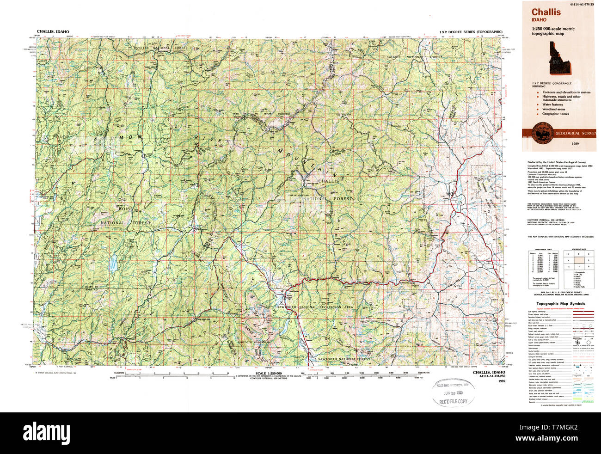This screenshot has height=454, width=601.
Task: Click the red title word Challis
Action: (x=546, y=12)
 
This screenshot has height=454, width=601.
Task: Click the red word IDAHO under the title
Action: (x=539, y=20)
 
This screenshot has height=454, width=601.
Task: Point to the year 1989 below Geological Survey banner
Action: (x=576, y=144)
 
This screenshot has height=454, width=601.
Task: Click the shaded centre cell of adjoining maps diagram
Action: (x=577, y=260)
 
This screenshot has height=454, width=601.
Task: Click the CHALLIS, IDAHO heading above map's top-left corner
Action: (x=53, y=31)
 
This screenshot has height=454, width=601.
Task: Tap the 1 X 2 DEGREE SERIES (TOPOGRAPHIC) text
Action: (x=471, y=31)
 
